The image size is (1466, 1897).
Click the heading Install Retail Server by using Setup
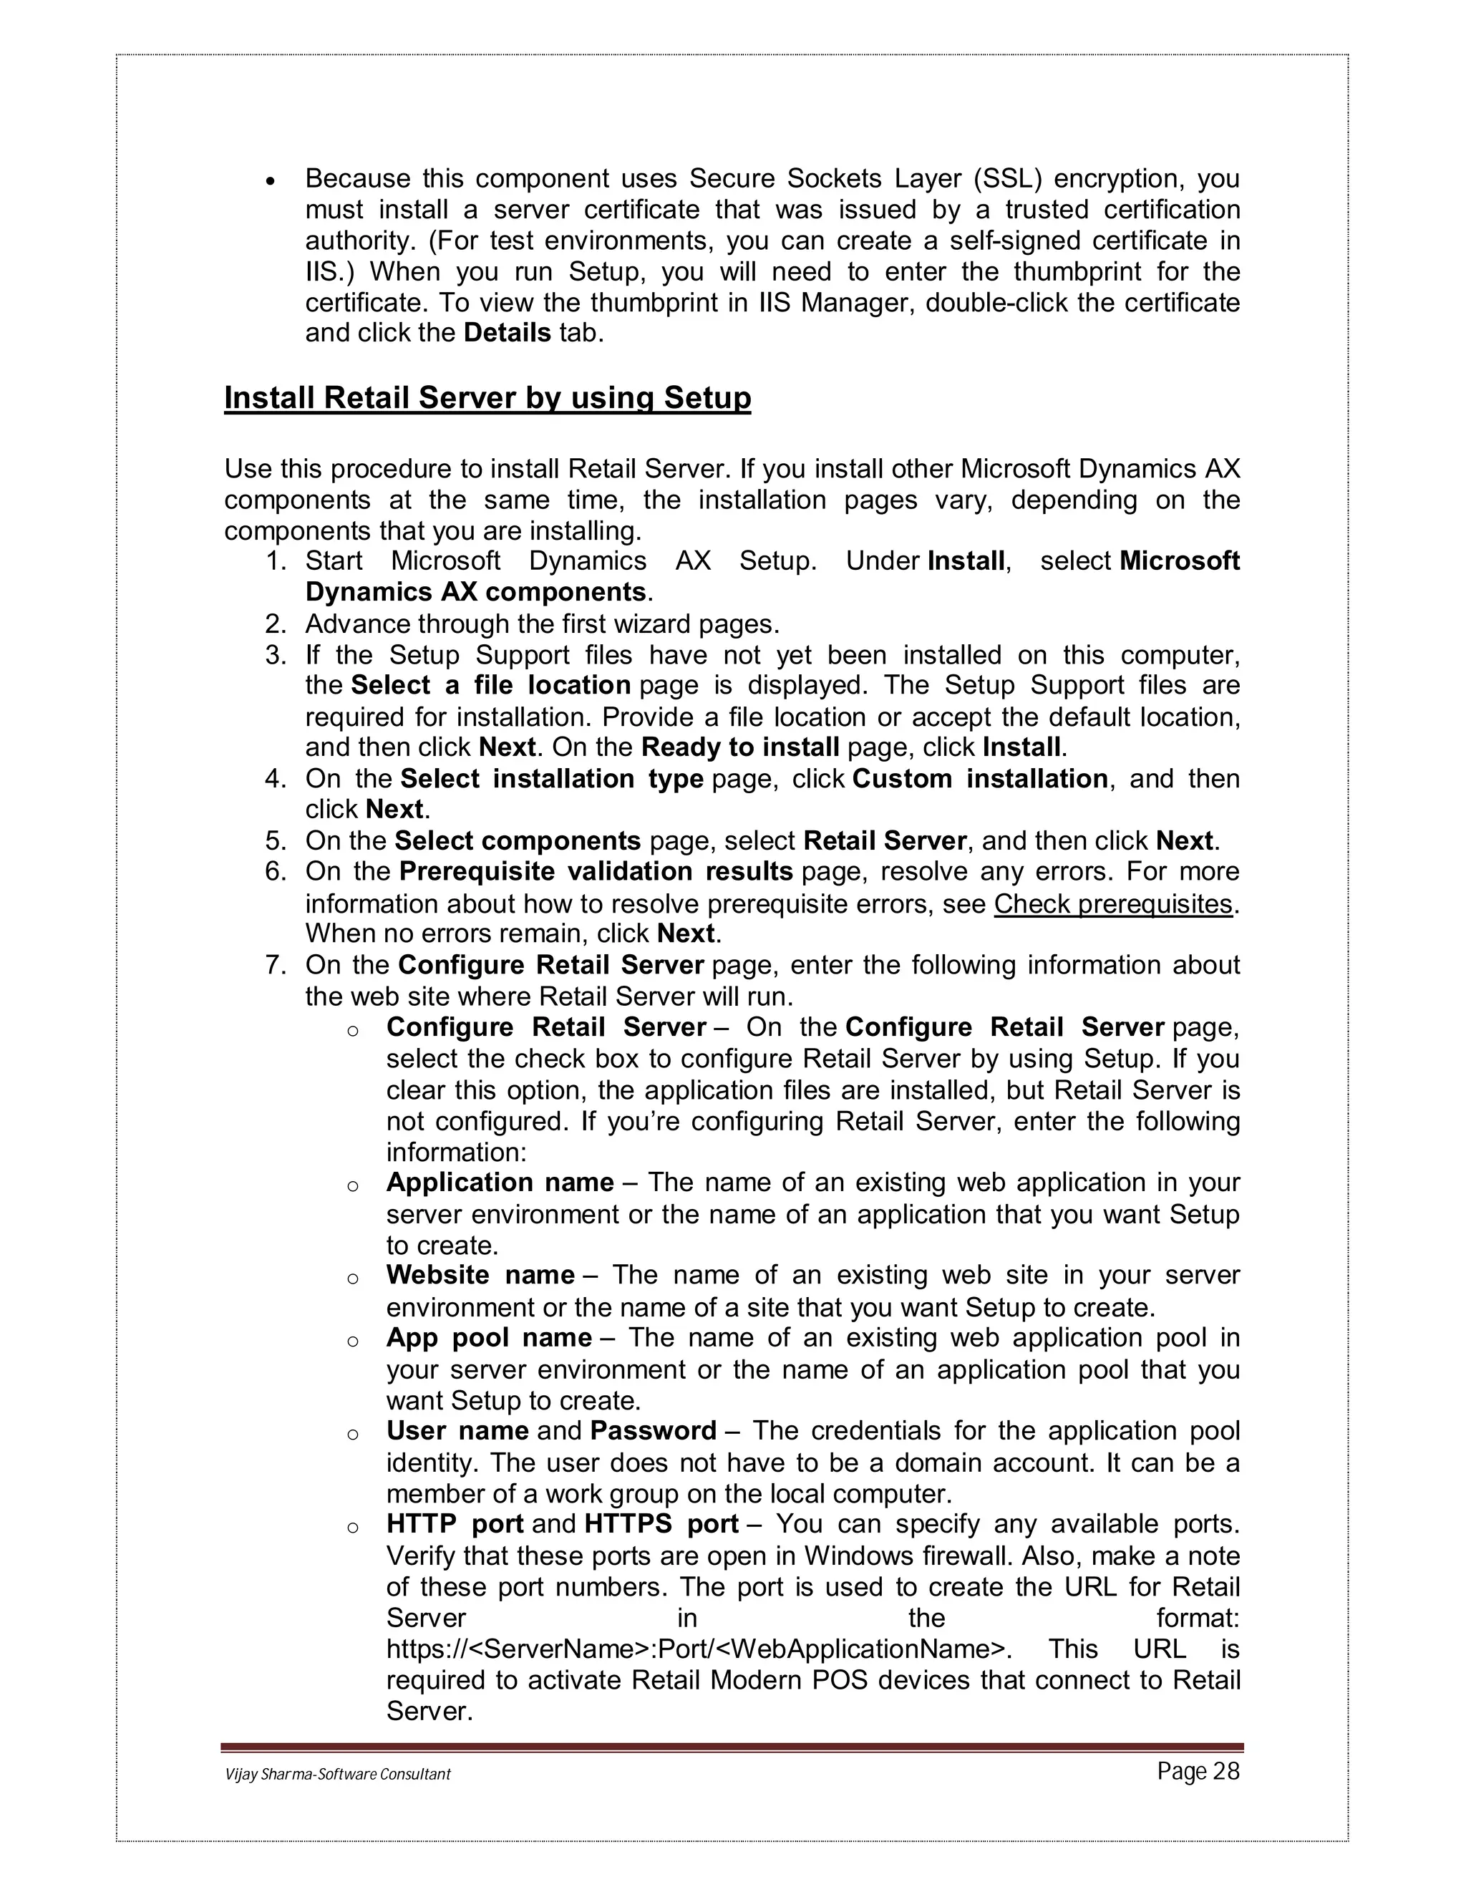487,398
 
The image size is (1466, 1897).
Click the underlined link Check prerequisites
1112,904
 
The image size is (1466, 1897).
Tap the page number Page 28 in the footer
1198,1772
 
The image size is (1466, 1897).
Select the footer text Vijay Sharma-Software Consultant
338,1775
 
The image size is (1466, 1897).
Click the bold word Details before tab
508,334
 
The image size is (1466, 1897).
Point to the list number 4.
276,778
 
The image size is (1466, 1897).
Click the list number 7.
276,965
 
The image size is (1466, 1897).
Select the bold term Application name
500,1183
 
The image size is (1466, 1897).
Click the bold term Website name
480,1275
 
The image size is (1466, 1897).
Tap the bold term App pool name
489,1338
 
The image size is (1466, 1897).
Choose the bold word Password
653,1430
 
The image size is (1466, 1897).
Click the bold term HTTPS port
661,1523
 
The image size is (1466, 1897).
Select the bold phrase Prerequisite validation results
596,871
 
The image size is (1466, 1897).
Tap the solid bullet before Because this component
271,182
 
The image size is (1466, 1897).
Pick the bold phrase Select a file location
490,685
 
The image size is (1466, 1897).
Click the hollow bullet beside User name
353,1434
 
